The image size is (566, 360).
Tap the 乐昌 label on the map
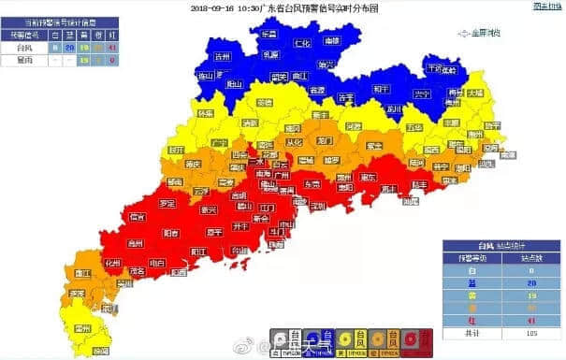(x=268, y=34)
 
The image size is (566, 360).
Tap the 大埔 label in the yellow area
(x=475, y=93)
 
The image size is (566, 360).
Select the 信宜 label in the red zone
(x=138, y=217)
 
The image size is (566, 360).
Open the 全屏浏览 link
(x=483, y=33)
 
